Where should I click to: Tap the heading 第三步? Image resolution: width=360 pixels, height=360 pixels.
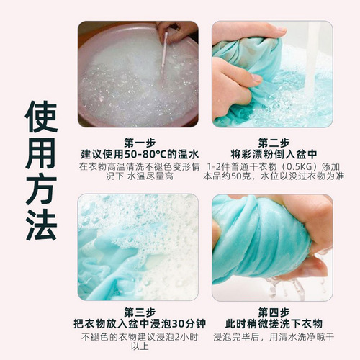(x=139, y=311)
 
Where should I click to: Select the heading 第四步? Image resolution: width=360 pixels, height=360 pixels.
(x=272, y=311)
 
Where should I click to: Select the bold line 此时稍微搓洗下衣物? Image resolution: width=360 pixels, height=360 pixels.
(x=272, y=323)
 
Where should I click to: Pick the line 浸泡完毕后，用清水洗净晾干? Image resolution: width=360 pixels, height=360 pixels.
(x=272, y=336)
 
